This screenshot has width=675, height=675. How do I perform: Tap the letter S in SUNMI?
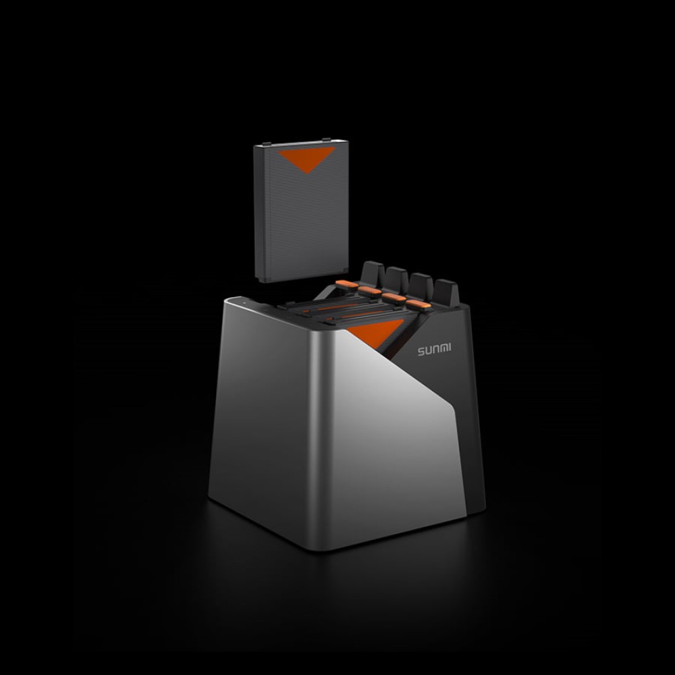(x=421, y=351)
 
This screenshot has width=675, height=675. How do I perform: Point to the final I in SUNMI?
(x=450, y=348)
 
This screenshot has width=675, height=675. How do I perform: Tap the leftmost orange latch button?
(x=346, y=284)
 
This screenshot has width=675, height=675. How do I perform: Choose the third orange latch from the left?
(x=394, y=298)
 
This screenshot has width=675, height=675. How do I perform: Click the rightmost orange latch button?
(x=418, y=304)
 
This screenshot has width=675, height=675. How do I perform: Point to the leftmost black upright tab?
(x=373, y=273)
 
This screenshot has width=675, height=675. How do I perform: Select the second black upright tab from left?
(x=396, y=279)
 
